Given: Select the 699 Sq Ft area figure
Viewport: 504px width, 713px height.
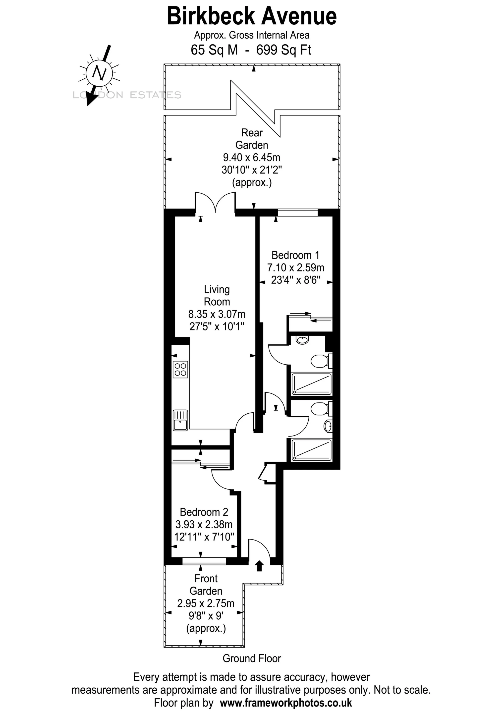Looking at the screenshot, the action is click(x=283, y=50).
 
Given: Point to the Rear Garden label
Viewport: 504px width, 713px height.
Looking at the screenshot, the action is click(x=252, y=139).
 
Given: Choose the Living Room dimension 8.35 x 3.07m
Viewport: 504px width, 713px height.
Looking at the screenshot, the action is click(x=217, y=314).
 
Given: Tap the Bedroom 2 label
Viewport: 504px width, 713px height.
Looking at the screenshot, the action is click(x=204, y=512).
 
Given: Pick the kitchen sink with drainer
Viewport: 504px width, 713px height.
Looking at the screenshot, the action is click(x=180, y=421).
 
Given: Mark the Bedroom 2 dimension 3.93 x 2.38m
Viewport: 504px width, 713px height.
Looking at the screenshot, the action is click(x=204, y=524).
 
